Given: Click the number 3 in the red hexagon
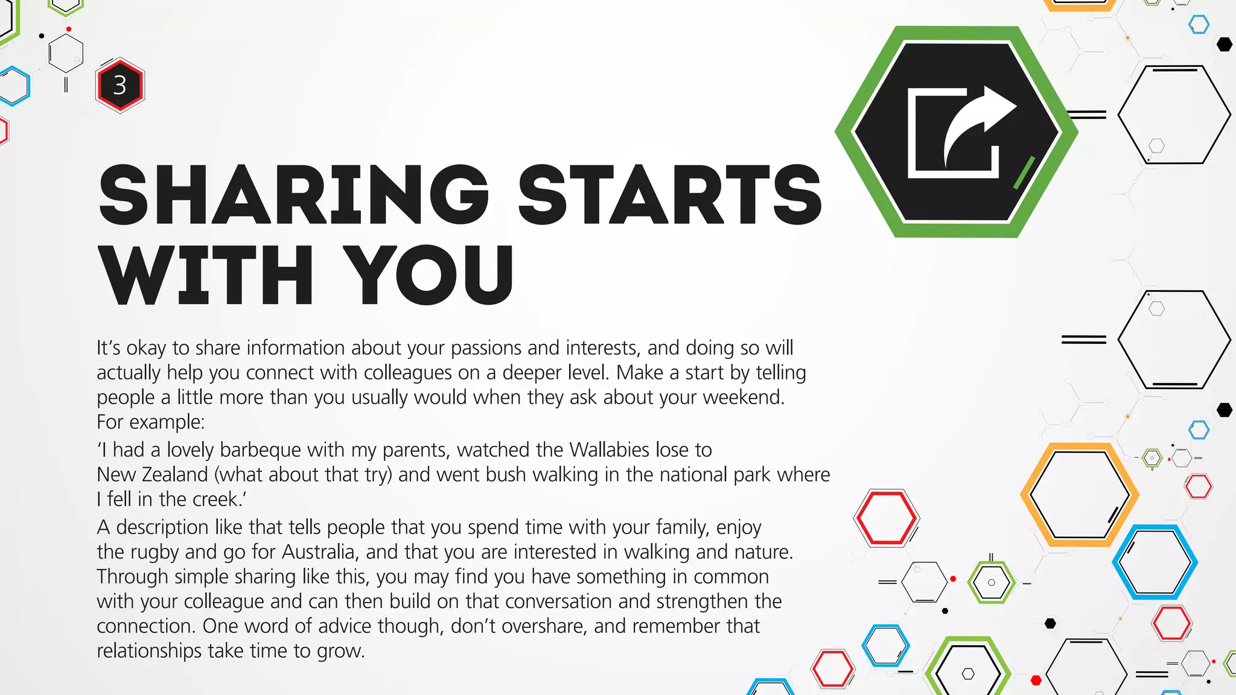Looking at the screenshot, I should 119,85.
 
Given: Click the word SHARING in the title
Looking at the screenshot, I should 293,195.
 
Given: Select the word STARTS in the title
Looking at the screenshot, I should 670,195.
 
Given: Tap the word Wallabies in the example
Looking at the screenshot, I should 610,450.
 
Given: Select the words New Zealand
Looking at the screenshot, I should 152,475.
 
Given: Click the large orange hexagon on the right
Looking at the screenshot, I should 1079,495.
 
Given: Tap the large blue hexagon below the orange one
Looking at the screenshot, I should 1155,562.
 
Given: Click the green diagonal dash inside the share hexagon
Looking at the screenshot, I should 1024,173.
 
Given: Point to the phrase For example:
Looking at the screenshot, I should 151,422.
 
